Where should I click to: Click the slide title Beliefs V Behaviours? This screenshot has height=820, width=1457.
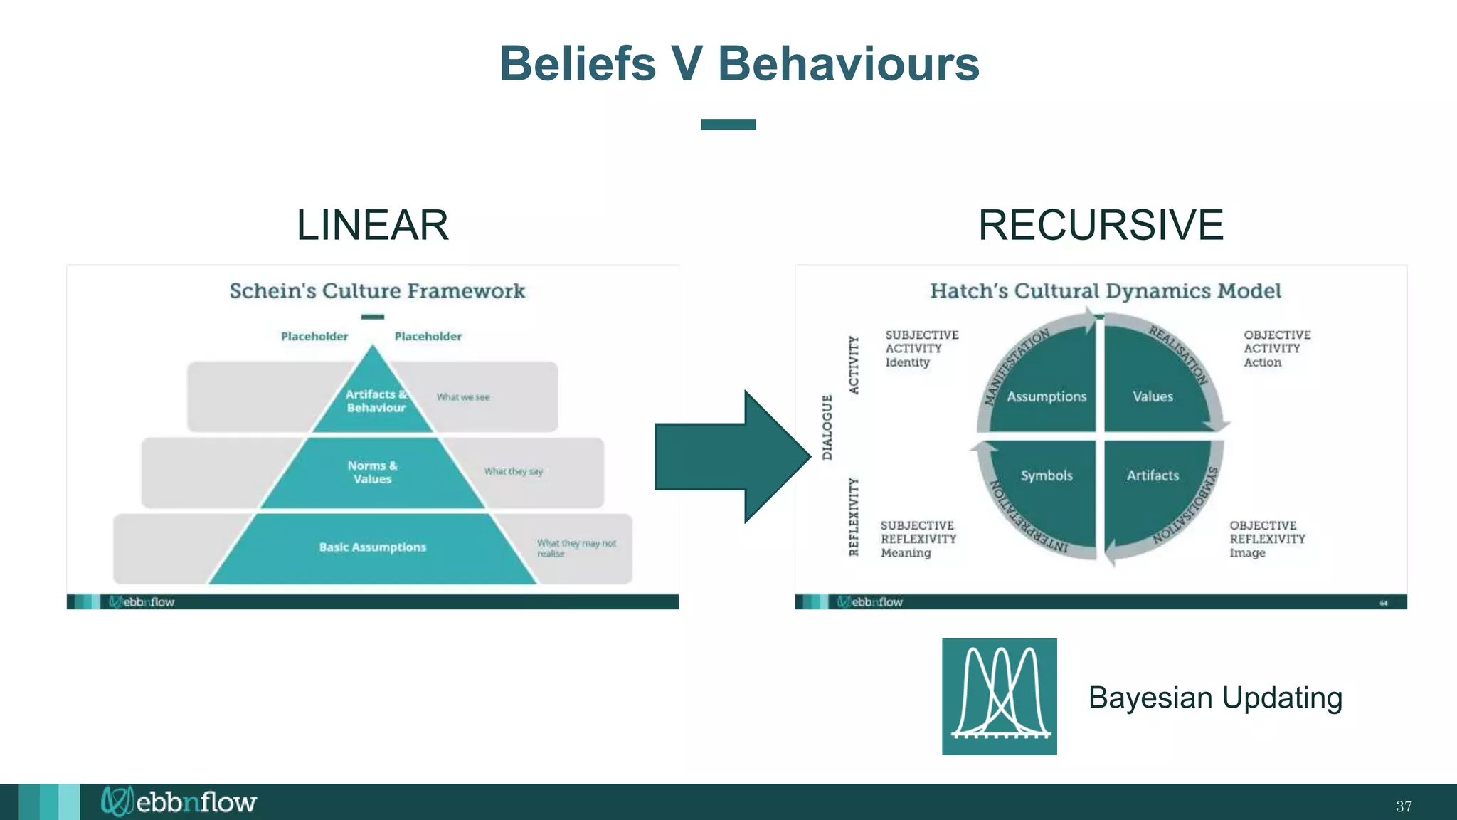point(739,63)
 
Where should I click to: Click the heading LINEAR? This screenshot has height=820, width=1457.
point(372,225)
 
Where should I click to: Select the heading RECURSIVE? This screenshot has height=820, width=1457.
point(1100,225)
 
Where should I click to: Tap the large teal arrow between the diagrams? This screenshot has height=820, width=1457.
point(733,456)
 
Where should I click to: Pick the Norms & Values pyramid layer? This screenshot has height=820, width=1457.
point(372,473)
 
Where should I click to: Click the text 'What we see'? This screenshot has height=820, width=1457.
point(463,397)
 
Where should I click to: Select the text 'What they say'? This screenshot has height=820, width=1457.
point(513,471)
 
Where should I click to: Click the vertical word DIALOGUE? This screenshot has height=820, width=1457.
point(827,427)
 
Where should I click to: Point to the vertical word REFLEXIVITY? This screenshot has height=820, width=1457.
point(854,517)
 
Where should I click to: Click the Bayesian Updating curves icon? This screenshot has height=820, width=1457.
point(999,696)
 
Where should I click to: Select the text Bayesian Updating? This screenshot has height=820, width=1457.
point(1215,698)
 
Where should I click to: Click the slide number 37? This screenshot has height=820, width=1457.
point(1403,806)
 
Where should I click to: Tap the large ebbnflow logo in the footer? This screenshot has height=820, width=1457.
point(179,802)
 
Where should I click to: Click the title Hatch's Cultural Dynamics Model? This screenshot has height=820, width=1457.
point(1105,291)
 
